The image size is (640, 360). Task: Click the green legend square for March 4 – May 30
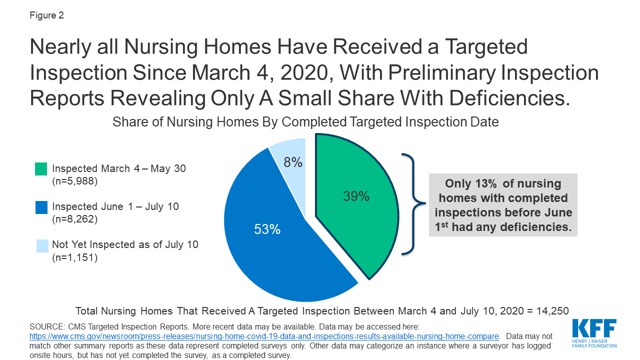click(41, 169)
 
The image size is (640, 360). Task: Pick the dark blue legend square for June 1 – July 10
click(41, 207)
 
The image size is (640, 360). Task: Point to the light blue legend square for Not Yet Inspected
click(41, 245)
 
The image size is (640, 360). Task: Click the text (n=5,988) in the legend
click(75, 181)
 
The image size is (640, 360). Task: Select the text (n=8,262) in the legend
click(75, 219)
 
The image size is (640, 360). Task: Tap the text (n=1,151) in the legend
click(75, 257)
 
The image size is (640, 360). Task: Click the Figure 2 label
click(46, 15)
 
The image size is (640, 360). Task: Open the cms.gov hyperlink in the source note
click(264, 336)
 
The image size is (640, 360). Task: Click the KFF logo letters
click(594, 329)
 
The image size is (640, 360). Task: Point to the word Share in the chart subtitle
click(129, 122)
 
